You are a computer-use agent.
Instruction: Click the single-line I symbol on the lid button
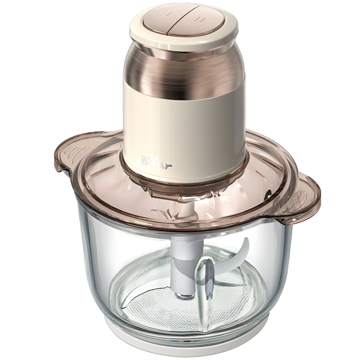pyautogui.click(x=169, y=14)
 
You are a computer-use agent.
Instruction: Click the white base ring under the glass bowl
pyautogui.click(x=184, y=349)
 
